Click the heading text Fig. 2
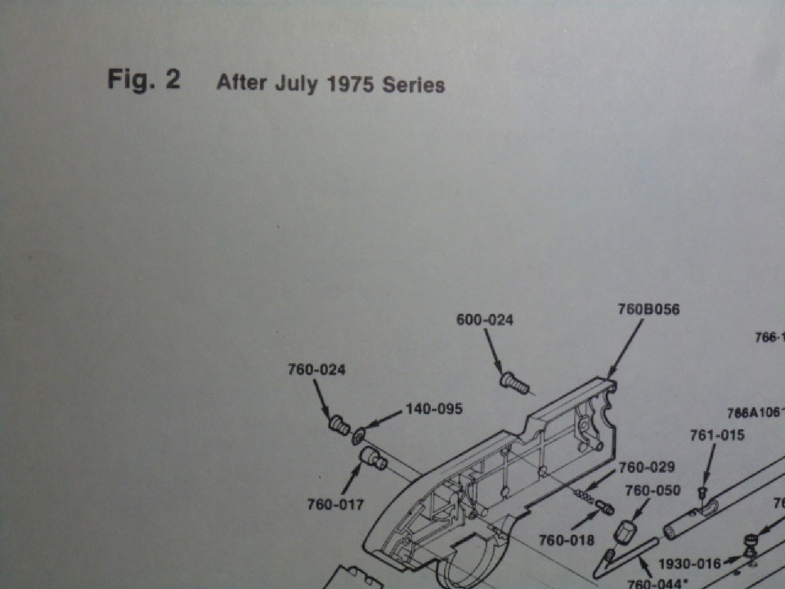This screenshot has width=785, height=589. pyautogui.click(x=143, y=80)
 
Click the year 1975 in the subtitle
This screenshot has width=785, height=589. pyautogui.click(x=351, y=84)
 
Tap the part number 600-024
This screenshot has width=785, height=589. pyautogui.click(x=484, y=320)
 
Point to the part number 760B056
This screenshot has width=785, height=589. pyautogui.click(x=648, y=309)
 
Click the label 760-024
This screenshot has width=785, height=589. pyautogui.click(x=316, y=370)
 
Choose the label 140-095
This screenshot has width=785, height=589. pyautogui.click(x=434, y=408)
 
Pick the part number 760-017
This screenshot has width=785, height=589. pyautogui.click(x=335, y=505)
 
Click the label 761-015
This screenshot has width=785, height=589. pyautogui.click(x=716, y=435)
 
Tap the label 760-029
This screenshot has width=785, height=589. pyautogui.click(x=646, y=468)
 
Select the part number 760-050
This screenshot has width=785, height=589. pyautogui.click(x=652, y=491)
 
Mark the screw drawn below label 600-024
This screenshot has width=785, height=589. pyautogui.click(x=514, y=381)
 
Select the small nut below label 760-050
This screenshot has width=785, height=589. pyautogui.click(x=626, y=533)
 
